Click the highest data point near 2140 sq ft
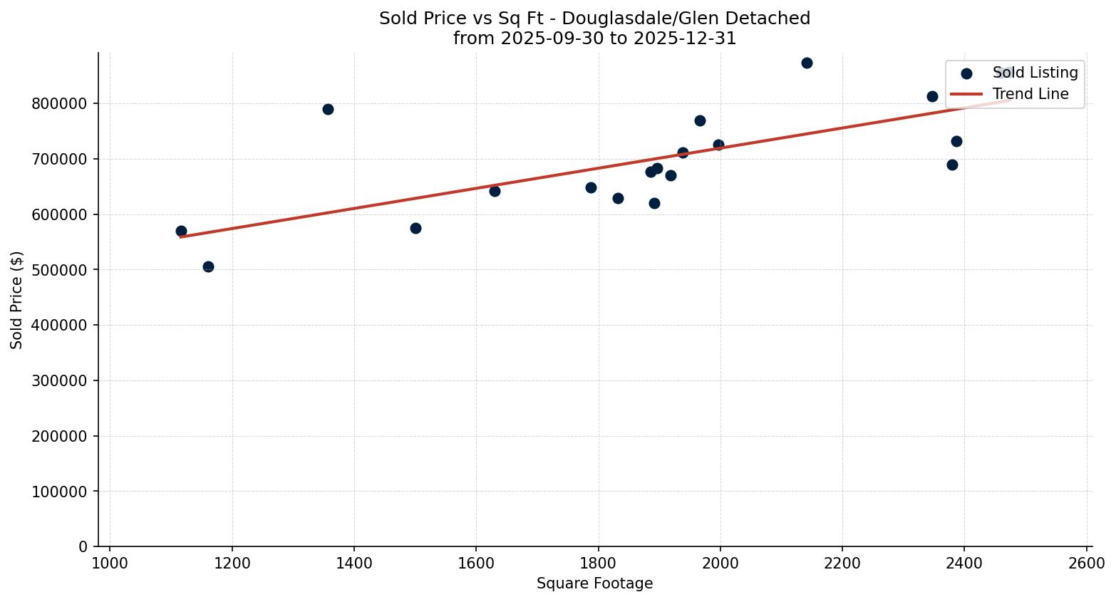coord(807,63)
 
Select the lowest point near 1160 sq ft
coord(208,266)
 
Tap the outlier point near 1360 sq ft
coord(328,109)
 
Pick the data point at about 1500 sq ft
coord(415,228)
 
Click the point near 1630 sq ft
coord(495,191)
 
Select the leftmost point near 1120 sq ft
coord(181,231)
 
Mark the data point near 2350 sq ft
coord(932,96)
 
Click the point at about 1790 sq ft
coord(591,187)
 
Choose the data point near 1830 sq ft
coord(618,198)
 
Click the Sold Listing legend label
coord(1035,73)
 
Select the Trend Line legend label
coord(1030,94)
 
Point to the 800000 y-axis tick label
coord(60,104)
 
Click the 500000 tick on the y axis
coord(60,270)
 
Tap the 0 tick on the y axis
coord(83,547)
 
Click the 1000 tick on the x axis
coord(110,563)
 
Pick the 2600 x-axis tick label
coord(1087,563)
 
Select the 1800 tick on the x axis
coord(598,563)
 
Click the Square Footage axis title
coord(594,584)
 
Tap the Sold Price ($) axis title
coord(16,300)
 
